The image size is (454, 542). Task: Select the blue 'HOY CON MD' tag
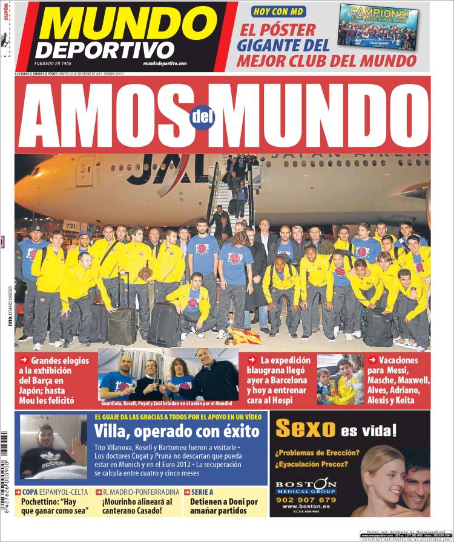click(278, 11)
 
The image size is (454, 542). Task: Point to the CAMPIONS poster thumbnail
click(378, 27)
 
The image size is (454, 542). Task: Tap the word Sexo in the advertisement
click(304, 430)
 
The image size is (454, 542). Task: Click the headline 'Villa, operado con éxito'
click(177, 432)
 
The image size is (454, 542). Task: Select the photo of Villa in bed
click(53, 446)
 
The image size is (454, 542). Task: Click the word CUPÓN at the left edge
click(6, 11)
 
